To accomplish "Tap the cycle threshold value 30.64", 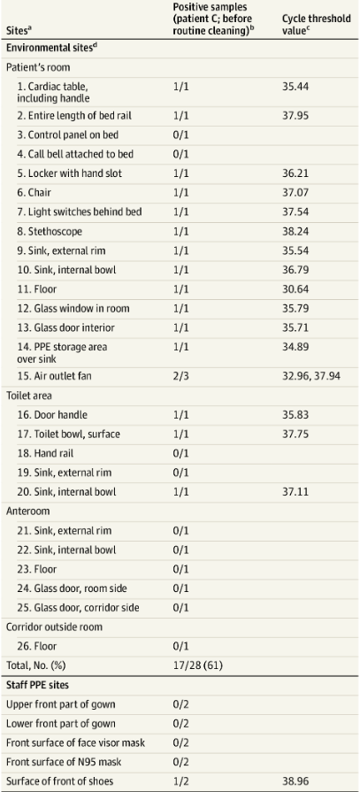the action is point(295,288).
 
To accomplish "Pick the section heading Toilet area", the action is point(28,396).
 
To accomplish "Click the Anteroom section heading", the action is point(27,511).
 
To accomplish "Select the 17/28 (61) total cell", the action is point(197,665).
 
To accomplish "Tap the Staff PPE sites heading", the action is point(34,685).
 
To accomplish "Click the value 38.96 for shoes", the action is point(295,781).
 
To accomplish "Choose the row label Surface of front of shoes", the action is point(59,781).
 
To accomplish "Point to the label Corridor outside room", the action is point(54,627).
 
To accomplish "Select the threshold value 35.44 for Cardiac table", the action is point(295,87).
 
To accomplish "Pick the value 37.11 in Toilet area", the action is point(295,491).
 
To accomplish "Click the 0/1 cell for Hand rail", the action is point(180,453).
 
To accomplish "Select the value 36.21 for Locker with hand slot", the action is point(295,173).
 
